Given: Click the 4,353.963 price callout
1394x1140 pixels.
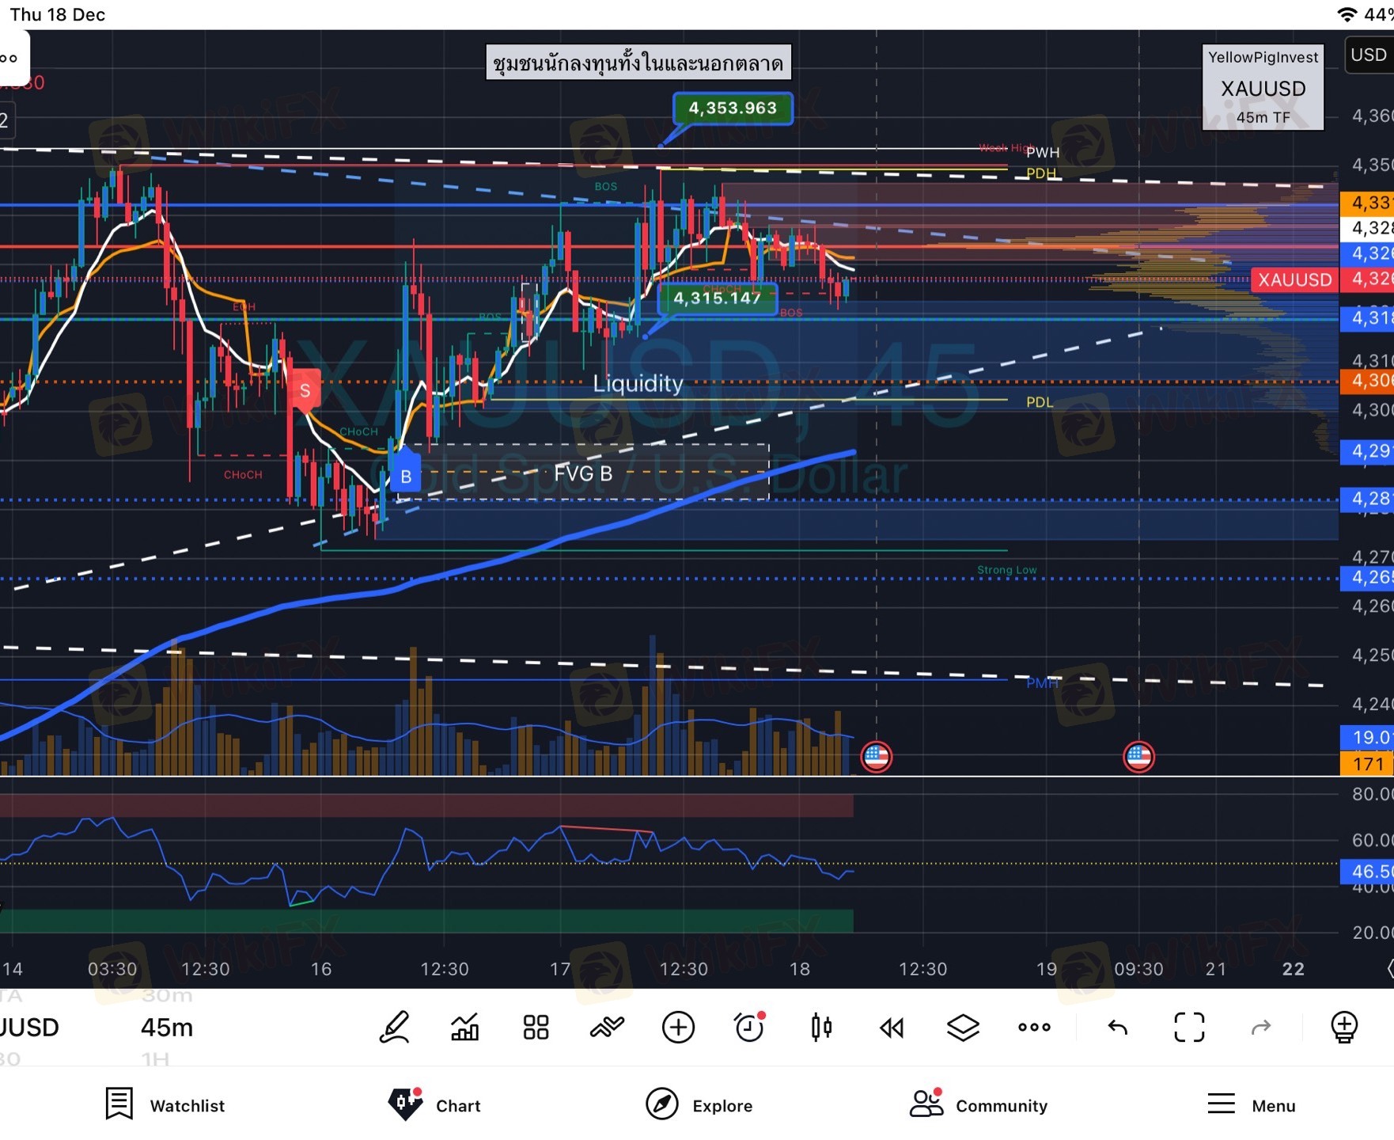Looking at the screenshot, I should click(x=733, y=108).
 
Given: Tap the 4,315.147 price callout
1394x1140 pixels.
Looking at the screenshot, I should click(x=717, y=298).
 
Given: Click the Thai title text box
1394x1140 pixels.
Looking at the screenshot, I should click(x=638, y=63).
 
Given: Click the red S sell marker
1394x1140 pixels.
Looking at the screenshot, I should click(x=305, y=390).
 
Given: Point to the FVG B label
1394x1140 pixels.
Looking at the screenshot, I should click(x=583, y=473).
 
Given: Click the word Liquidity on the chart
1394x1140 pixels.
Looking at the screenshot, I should click(x=638, y=384).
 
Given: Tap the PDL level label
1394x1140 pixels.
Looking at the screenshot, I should click(x=1039, y=402).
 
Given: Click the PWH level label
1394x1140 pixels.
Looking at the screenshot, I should click(x=1043, y=153).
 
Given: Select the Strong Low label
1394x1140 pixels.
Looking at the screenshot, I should click(x=1006, y=570).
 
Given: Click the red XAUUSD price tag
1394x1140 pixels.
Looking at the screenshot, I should click(x=1294, y=279).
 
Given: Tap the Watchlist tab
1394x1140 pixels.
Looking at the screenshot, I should click(x=165, y=1105).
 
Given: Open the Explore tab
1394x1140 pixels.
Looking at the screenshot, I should click(x=699, y=1105).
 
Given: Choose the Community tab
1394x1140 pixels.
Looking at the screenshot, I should click(x=979, y=1105).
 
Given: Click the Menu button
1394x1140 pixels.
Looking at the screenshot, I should click(x=1251, y=1105).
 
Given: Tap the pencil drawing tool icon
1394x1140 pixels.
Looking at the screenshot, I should click(x=394, y=1028).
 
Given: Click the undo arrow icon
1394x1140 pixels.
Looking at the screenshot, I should click(x=1117, y=1028).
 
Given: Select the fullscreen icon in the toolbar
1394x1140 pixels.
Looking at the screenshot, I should click(x=1188, y=1028).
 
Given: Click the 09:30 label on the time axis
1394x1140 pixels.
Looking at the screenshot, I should click(x=1138, y=969).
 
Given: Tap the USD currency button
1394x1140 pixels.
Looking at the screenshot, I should click(x=1368, y=55).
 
